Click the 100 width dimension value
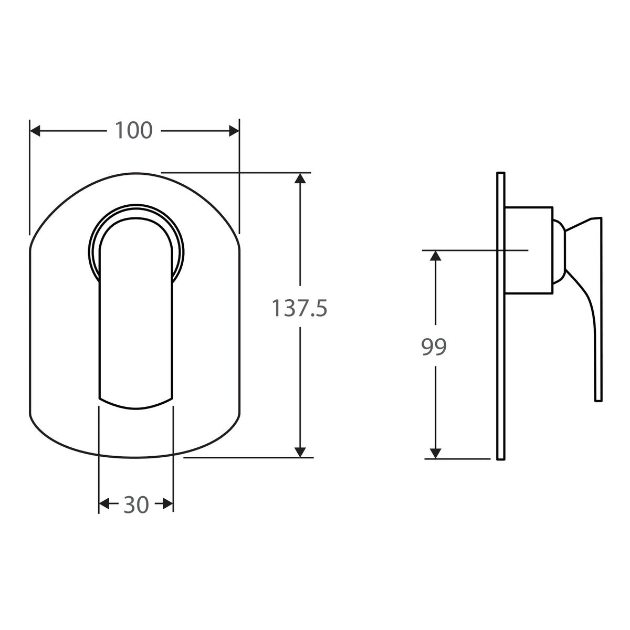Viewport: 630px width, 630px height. (x=134, y=130)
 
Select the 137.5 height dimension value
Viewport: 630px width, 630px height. (x=299, y=308)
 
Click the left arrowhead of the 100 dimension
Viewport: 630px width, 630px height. (x=35, y=131)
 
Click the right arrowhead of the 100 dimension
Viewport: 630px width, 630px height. (x=234, y=131)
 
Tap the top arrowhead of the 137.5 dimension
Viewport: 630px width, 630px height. (x=300, y=178)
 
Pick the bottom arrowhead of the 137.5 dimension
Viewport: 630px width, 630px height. (x=300, y=452)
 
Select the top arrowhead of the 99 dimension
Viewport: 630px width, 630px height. (x=435, y=256)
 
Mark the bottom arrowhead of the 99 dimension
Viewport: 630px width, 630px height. (x=435, y=454)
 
